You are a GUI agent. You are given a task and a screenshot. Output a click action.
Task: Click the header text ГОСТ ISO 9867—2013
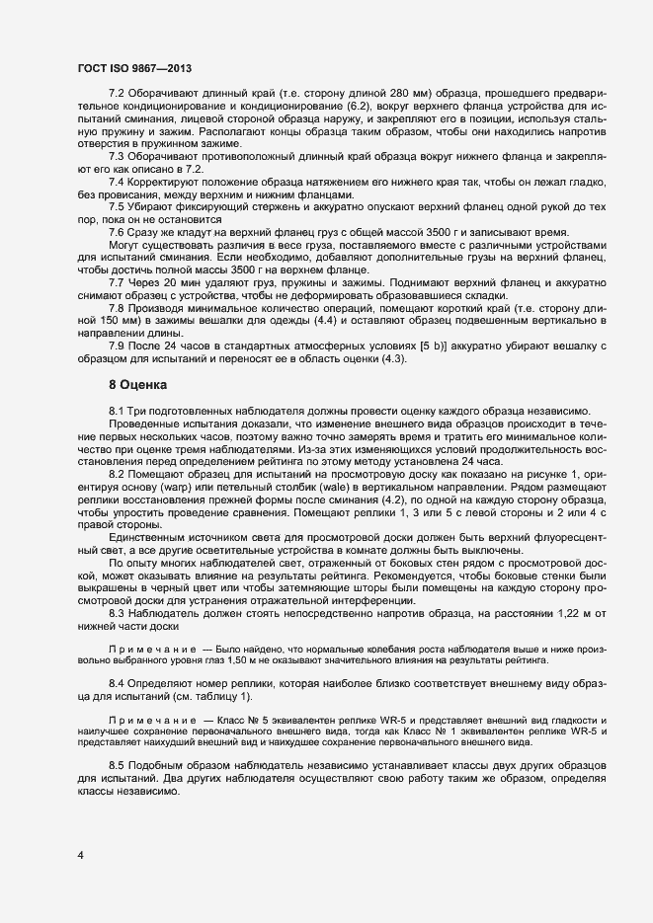pyautogui.click(x=133, y=68)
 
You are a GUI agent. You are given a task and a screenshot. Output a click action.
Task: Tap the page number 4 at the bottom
pyautogui.click(x=80, y=854)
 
